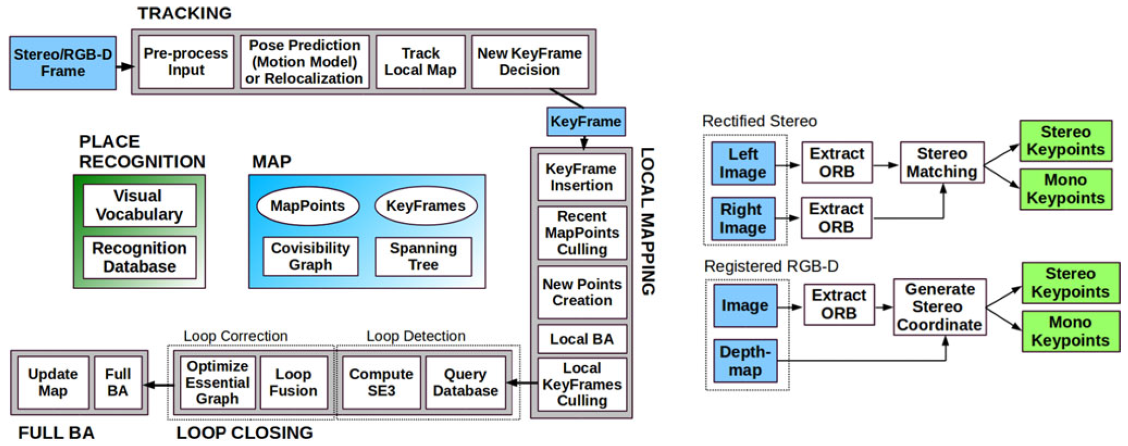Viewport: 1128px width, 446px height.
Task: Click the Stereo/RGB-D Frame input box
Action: [x=63, y=63]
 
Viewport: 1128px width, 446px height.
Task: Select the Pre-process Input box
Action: [x=186, y=62]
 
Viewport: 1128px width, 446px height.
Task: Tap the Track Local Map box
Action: [x=420, y=62]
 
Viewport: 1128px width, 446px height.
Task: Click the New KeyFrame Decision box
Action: [x=530, y=62]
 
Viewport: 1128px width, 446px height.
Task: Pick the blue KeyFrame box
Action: [x=585, y=121]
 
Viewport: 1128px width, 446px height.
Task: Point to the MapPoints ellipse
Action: [x=308, y=206]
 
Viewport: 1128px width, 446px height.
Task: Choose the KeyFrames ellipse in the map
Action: [x=425, y=206]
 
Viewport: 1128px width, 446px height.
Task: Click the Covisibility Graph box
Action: [x=310, y=256]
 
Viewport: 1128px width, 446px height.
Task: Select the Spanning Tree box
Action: [x=423, y=256]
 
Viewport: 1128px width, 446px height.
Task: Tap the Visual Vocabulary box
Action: [x=139, y=205]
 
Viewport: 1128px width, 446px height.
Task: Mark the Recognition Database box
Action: [x=139, y=257]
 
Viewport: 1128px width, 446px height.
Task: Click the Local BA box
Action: [x=582, y=339]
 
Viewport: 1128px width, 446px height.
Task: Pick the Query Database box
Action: [x=465, y=382]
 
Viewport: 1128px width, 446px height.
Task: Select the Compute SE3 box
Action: [x=381, y=382]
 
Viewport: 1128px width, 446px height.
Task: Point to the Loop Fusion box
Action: [x=293, y=382]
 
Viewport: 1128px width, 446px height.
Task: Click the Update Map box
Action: [x=53, y=382]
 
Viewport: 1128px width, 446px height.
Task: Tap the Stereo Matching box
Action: [x=942, y=162]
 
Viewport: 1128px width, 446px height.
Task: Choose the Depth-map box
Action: [x=745, y=361]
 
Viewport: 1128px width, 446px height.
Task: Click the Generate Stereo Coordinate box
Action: [x=940, y=307]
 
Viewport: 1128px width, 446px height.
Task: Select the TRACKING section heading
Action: [x=185, y=13]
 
